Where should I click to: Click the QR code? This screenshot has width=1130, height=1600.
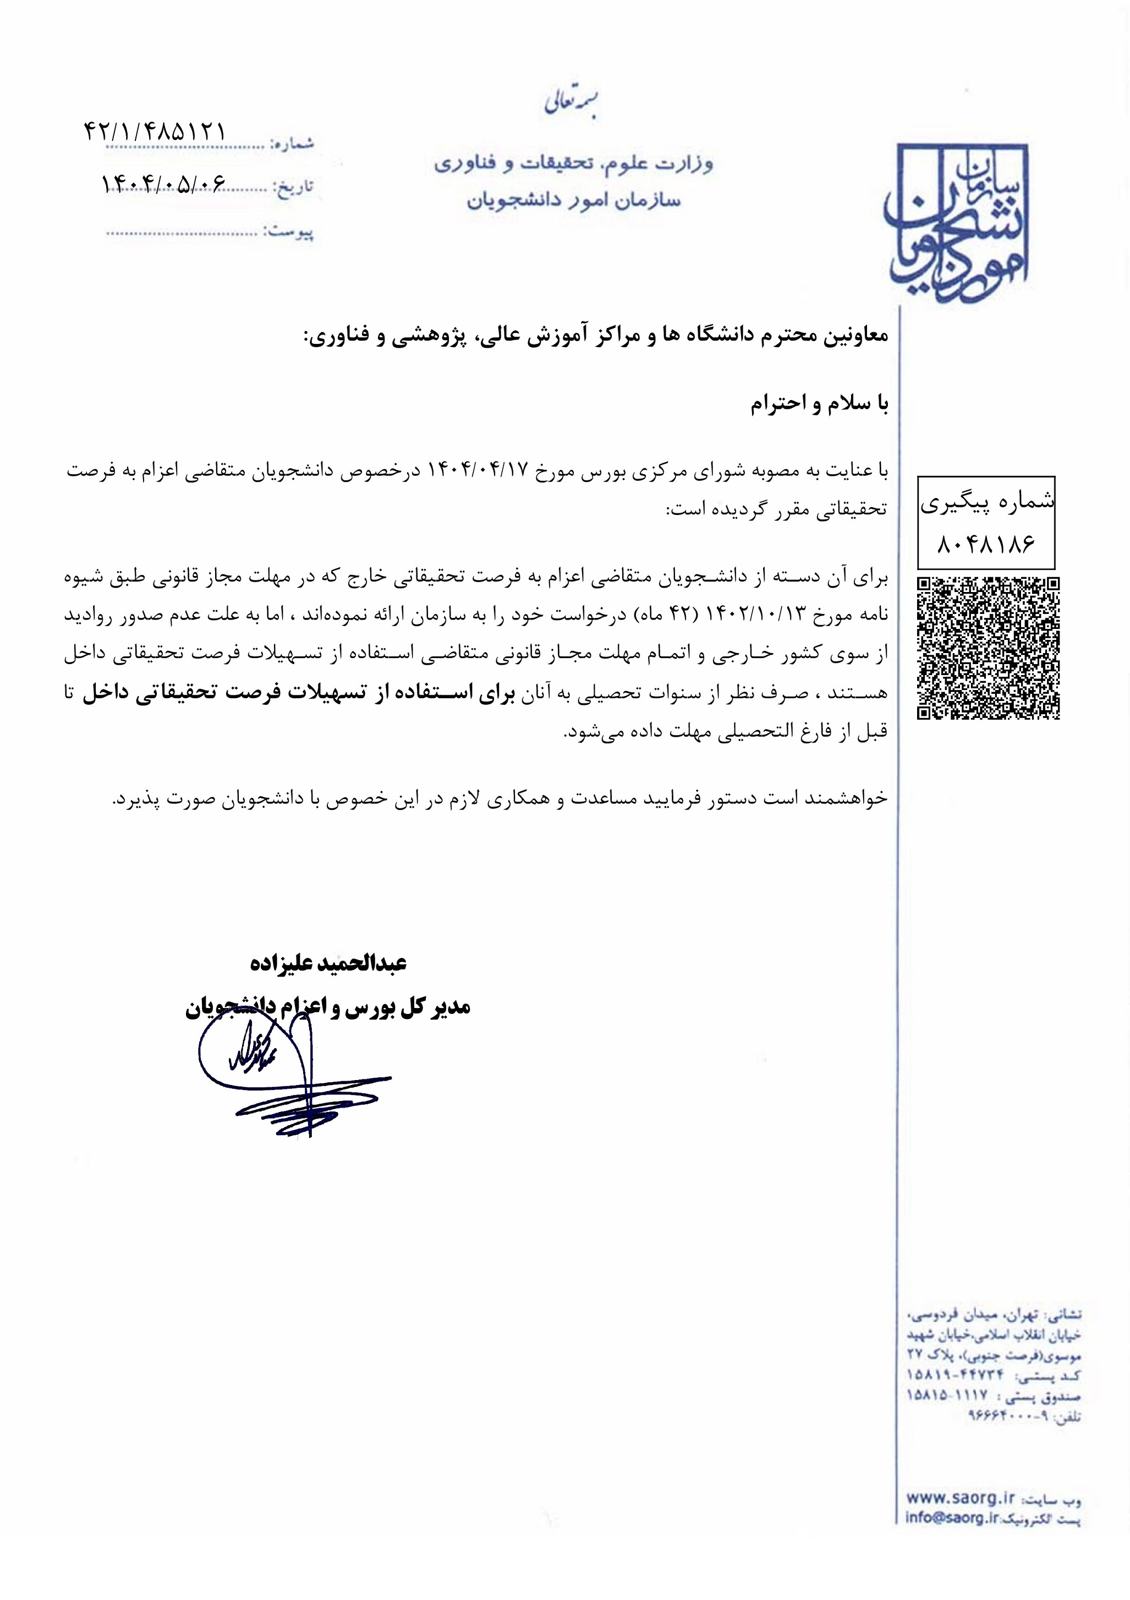point(988,648)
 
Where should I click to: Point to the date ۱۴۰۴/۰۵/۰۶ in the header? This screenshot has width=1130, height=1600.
point(164,183)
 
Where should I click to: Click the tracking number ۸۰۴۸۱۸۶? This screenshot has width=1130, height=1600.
point(986,544)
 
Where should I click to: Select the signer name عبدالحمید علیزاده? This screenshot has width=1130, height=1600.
point(328,964)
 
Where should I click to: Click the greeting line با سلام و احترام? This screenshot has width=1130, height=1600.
point(819,405)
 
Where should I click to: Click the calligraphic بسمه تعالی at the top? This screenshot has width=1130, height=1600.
point(571,103)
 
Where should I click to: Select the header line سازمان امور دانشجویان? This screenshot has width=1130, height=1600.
point(573,201)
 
